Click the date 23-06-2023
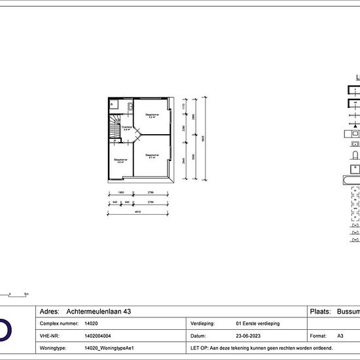coord(247,334)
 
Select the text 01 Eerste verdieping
coord(257,323)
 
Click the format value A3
coord(340,334)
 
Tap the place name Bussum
coord(347,312)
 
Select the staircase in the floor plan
coord(115,128)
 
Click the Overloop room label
coord(128,128)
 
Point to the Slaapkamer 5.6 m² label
coord(120,160)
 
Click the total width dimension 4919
coord(139,211)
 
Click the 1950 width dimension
coord(120,193)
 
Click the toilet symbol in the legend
coord(355,156)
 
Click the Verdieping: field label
coord(202,323)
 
